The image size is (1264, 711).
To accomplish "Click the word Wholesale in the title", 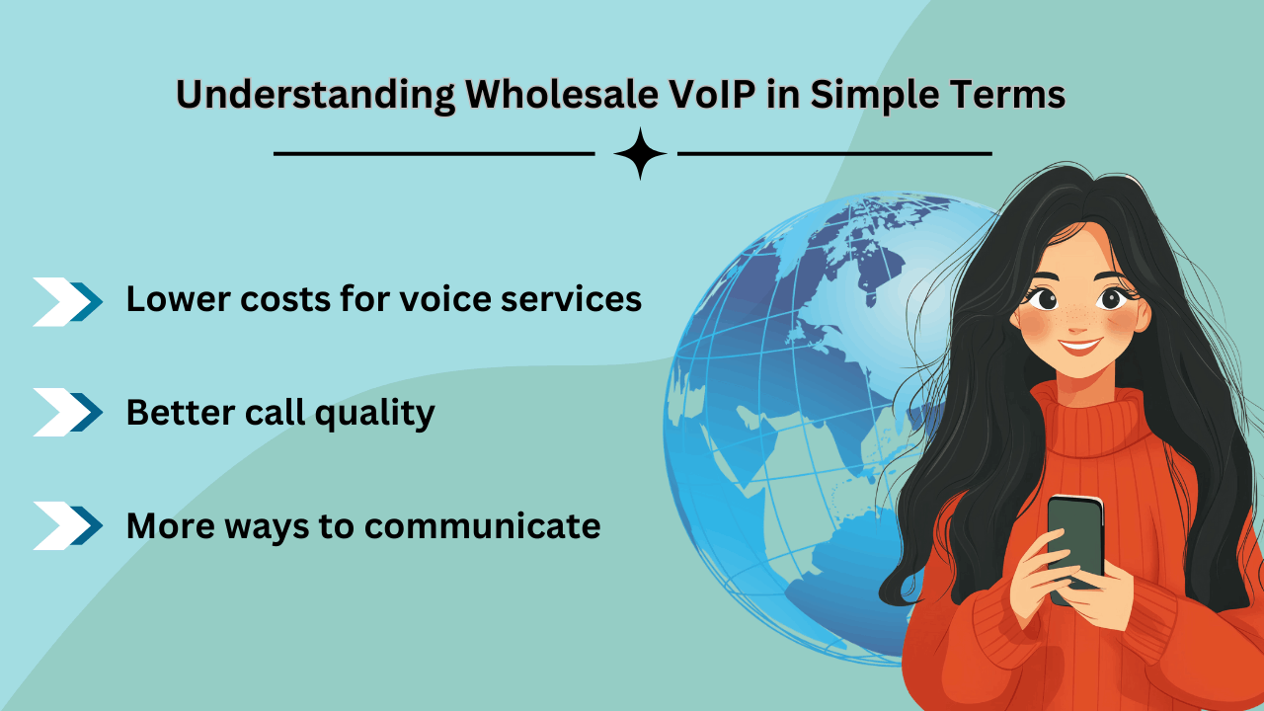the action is click(x=562, y=94).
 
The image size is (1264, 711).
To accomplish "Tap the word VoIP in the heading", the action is click(x=713, y=94).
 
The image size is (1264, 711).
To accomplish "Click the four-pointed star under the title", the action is click(x=640, y=153).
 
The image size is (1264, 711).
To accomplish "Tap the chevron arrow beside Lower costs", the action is click(x=68, y=302).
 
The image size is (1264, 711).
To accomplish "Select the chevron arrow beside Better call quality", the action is click(x=68, y=412).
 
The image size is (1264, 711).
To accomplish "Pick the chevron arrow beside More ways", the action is click(x=68, y=525).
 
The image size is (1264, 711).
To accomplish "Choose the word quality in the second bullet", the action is click(x=374, y=414).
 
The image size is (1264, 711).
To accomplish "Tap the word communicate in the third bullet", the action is click(x=483, y=526).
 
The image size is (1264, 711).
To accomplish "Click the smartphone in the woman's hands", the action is click(x=1075, y=542).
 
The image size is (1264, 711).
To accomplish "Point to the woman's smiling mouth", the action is click(x=1079, y=346).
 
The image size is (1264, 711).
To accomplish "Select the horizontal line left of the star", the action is click(x=434, y=153).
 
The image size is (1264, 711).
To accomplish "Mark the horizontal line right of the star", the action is click(x=834, y=153).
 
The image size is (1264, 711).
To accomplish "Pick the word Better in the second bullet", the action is click(x=180, y=413).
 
